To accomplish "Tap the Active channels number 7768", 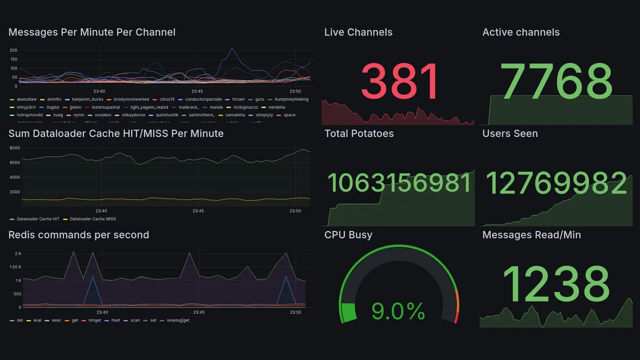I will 557,82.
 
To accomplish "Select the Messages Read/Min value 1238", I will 556,284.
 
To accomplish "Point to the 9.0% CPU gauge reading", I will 398,312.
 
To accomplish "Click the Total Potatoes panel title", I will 358,133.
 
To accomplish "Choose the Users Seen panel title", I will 509,133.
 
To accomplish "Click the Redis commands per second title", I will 78,235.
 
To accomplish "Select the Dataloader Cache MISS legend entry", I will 92,219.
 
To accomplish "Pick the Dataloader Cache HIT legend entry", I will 37,219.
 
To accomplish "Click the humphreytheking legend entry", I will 291,99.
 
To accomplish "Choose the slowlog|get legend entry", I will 178,320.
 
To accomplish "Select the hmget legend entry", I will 94,320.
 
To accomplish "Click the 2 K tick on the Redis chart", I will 17,254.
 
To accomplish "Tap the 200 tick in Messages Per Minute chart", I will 13,50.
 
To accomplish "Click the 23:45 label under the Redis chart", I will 198,312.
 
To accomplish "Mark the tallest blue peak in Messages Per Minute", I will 231,48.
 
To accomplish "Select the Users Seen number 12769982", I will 556,183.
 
